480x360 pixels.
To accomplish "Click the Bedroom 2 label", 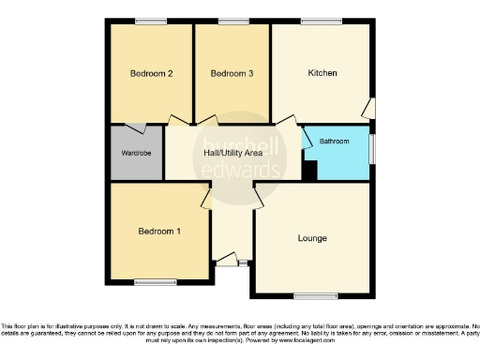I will (151, 73).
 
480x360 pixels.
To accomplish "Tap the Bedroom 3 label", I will (232, 73).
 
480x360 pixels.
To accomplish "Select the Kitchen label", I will (322, 73).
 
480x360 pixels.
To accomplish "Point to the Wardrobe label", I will (137, 152).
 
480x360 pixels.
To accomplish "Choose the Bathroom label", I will (335, 142).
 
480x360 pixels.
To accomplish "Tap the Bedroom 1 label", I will (159, 231).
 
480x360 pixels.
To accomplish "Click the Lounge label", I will (313, 238).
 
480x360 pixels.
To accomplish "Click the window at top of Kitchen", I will (322, 22).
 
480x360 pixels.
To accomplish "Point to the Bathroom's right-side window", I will (372, 147).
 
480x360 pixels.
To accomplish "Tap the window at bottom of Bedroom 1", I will (156, 281).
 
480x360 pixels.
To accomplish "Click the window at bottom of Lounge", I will (308, 295).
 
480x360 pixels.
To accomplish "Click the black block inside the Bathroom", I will (310, 170).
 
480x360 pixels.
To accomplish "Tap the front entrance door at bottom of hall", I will (228, 265).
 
